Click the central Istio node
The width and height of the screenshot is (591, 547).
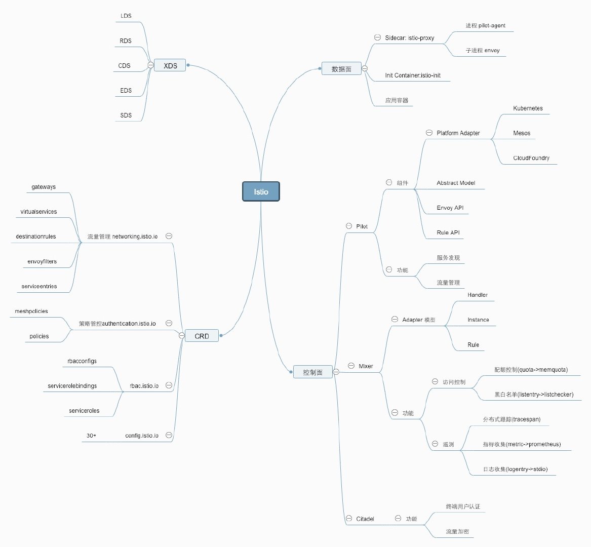point(261,192)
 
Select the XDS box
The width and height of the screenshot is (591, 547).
point(170,65)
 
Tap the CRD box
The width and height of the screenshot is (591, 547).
point(202,336)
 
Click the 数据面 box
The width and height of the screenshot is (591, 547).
point(341,69)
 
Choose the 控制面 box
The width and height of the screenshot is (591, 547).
point(312,372)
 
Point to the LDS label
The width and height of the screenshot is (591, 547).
point(126,16)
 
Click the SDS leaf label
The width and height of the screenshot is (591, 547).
point(126,115)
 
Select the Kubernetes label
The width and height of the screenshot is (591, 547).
point(528,108)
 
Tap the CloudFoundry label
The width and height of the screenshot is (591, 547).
point(531,158)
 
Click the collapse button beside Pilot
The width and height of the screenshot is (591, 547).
point(349,226)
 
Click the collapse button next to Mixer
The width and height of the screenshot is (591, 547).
point(351,366)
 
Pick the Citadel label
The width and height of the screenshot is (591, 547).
point(365,519)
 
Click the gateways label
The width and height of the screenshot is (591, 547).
point(44,187)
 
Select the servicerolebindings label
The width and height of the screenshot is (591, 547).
point(72,386)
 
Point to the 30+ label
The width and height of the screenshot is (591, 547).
point(91,436)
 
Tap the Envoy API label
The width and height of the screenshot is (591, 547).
point(450,208)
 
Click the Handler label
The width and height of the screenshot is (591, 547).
point(478,295)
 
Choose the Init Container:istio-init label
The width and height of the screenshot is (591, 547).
point(413,75)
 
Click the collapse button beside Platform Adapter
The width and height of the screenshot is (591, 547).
point(429,133)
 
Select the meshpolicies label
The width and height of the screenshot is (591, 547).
point(31,311)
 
